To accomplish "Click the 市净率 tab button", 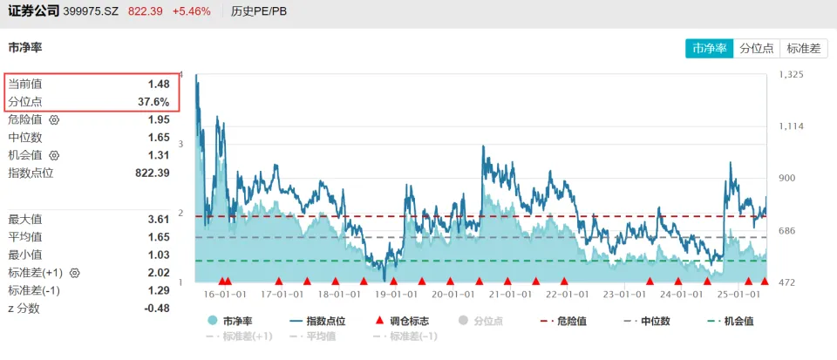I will pos(710,49).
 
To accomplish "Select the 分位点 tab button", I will pos(757,49).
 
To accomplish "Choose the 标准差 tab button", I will pos(804,49).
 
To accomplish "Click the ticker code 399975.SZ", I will pos(94,11).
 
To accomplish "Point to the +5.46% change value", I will pos(191,11).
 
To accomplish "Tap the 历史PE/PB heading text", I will pos(259,11).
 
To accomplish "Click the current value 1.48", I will pos(158,84).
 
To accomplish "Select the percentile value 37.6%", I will pos(153,102).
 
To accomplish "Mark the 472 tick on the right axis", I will pos(787,282).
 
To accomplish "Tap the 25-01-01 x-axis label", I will pos(738,295).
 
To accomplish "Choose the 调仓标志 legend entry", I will pos(405,321).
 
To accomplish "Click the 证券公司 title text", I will pos(32,11).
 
